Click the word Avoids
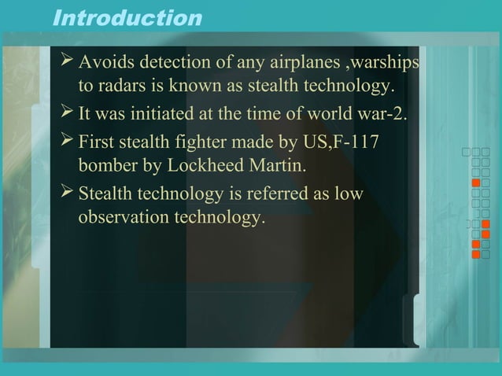point(103,62)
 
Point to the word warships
point(388,62)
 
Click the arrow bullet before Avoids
point(66,61)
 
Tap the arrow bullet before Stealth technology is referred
point(66,194)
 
